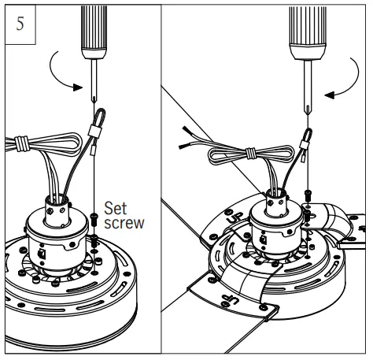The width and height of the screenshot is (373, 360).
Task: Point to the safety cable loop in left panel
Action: click(x=97, y=121)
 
